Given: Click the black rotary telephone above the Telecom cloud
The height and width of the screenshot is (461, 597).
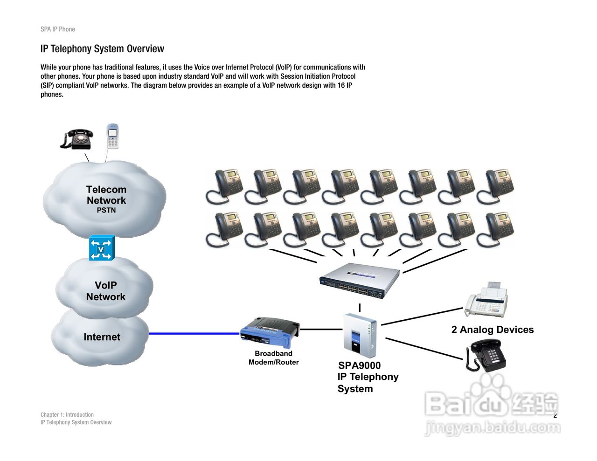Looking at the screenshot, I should click(77, 139).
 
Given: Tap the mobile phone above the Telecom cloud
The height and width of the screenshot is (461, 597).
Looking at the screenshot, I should click(112, 136).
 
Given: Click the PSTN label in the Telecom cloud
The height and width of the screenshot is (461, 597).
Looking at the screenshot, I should click(106, 210).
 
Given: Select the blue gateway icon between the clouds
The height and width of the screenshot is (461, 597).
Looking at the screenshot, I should click(102, 248).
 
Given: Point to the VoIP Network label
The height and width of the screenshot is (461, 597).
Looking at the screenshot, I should click(106, 291).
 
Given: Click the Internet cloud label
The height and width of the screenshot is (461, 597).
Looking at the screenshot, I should click(102, 337).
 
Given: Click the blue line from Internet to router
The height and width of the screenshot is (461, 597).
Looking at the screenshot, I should click(194, 333).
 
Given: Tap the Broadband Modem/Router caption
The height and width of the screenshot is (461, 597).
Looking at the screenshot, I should click(274, 358).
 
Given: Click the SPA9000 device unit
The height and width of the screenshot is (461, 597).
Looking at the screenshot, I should click(359, 335).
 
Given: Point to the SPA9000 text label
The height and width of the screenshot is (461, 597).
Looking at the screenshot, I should click(360, 365).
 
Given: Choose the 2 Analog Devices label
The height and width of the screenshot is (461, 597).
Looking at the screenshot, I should click(493, 330).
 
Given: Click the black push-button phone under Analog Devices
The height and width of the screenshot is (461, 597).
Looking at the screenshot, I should click(486, 355).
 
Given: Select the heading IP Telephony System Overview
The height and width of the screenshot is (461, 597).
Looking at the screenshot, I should click(102, 48).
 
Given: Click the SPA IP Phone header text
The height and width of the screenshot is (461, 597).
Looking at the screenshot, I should click(58, 29).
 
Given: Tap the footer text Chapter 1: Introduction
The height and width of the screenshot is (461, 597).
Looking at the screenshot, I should click(67, 414).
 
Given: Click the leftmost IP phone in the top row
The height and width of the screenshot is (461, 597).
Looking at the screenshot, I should click(224, 187).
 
